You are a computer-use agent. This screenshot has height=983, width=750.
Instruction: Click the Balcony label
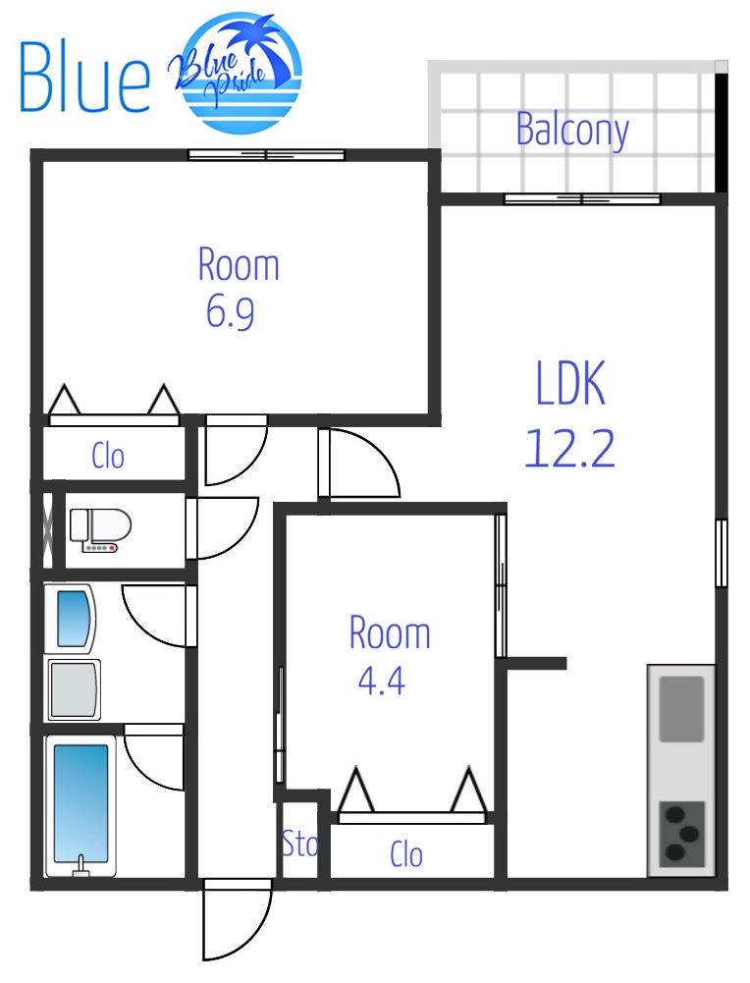click(x=572, y=130)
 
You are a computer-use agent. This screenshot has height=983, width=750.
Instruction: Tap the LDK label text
click(x=570, y=382)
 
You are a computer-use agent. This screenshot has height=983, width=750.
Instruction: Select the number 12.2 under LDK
click(x=569, y=448)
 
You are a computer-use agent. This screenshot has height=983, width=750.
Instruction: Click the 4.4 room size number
click(x=381, y=680)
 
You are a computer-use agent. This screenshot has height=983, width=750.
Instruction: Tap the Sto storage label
click(x=299, y=844)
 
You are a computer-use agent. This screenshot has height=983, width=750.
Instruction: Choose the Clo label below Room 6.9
click(x=108, y=456)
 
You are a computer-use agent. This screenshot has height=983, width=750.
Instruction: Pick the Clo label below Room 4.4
click(x=406, y=853)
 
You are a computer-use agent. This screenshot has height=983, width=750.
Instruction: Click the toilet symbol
click(x=99, y=530)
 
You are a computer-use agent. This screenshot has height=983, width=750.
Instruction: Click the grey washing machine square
click(x=74, y=689)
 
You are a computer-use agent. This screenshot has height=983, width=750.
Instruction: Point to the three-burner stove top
click(x=681, y=834)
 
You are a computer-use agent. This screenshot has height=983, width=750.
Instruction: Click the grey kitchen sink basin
click(x=681, y=708)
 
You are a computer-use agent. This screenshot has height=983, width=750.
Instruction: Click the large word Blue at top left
click(x=84, y=77)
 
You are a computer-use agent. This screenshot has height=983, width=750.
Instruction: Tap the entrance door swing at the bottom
click(x=237, y=919)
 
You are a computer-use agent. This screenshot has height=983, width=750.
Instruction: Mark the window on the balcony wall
click(x=582, y=199)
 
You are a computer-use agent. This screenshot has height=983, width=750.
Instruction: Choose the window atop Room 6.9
click(x=266, y=155)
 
